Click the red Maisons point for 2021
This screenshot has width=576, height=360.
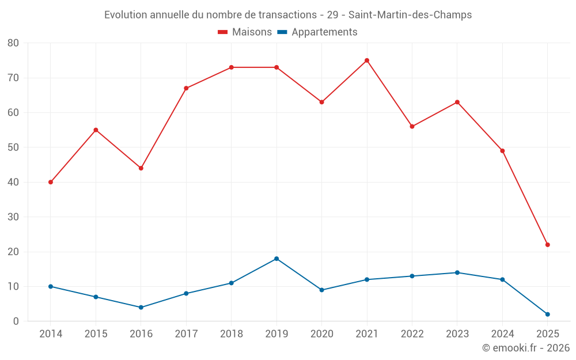click(x=367, y=60)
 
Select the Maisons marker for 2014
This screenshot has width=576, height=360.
click(x=51, y=182)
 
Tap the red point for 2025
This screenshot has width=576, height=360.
click(x=548, y=245)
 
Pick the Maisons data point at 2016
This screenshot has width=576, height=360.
click(x=141, y=168)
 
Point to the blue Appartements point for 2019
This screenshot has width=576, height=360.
click(x=276, y=259)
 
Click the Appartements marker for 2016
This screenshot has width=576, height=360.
click(x=141, y=308)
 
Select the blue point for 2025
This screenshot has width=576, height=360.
click(x=548, y=314)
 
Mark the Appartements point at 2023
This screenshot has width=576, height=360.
click(x=457, y=272)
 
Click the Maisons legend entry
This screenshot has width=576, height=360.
click(x=245, y=32)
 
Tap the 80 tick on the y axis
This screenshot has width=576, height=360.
click(x=13, y=43)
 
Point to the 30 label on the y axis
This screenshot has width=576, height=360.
click(x=13, y=217)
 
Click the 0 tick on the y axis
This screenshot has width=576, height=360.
click(x=16, y=321)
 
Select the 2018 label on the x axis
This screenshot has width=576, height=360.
click(x=231, y=334)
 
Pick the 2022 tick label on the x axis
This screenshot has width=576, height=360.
click(x=412, y=334)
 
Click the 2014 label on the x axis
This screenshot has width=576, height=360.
click(x=51, y=334)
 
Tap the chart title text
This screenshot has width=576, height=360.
click(x=288, y=15)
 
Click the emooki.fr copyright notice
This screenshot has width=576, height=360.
click(x=526, y=348)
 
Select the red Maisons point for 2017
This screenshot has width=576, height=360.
click(x=186, y=88)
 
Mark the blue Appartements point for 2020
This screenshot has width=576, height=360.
click(x=321, y=290)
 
